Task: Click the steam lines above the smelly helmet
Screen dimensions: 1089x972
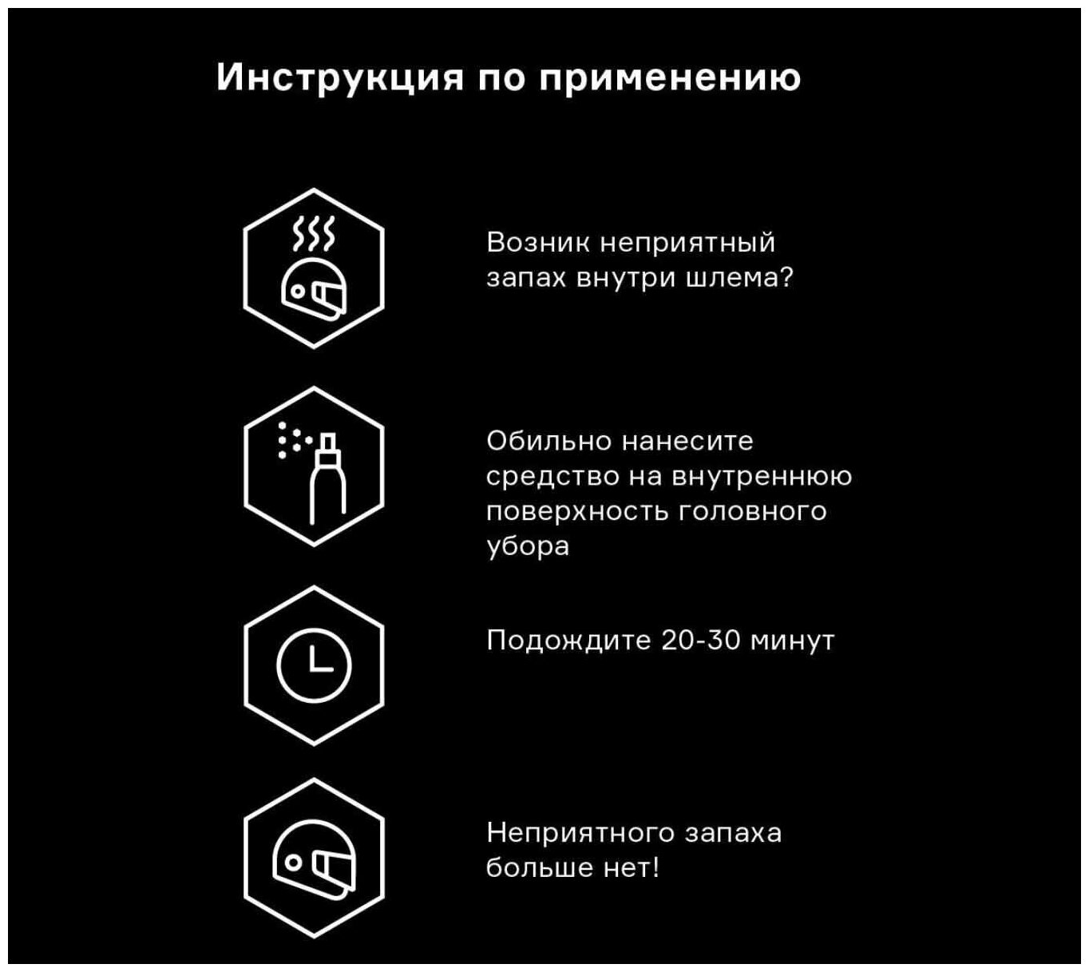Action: (x=314, y=232)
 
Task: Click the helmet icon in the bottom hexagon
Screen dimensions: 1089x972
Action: (x=314, y=862)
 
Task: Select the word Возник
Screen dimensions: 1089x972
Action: (x=539, y=242)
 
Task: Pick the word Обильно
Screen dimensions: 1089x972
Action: (x=549, y=440)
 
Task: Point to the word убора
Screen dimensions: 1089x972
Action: (x=528, y=546)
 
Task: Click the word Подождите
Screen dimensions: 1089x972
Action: (x=568, y=641)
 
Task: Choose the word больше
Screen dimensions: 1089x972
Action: (x=539, y=868)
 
